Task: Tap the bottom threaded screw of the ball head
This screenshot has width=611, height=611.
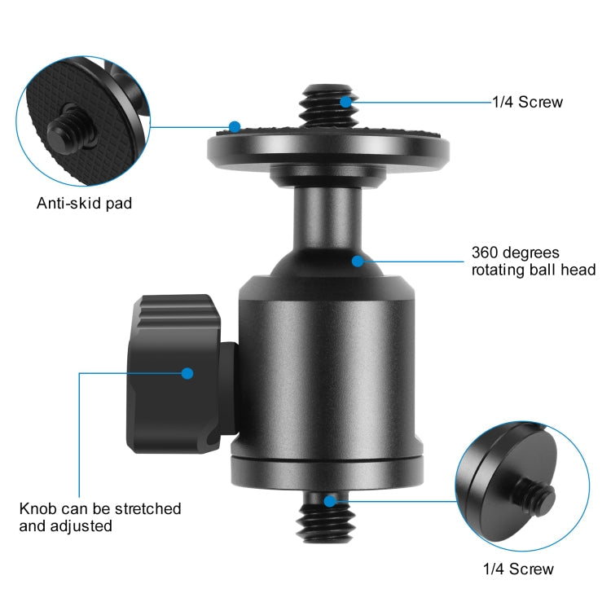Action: (x=329, y=521)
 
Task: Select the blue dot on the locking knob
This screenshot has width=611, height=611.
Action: (x=187, y=373)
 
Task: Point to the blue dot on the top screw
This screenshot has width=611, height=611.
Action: (x=346, y=102)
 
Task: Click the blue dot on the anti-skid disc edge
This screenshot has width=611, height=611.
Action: (x=235, y=127)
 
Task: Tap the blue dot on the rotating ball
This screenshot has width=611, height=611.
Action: (x=357, y=261)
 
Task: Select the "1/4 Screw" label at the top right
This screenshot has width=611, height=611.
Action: (x=527, y=103)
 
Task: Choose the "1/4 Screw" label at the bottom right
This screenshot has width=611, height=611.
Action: (x=518, y=569)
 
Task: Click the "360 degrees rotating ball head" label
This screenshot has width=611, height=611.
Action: (x=534, y=261)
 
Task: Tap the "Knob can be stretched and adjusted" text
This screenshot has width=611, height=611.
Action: (x=100, y=517)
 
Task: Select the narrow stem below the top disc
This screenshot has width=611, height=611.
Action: (x=321, y=212)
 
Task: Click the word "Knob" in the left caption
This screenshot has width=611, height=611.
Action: (x=37, y=508)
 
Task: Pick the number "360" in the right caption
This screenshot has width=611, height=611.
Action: (x=486, y=253)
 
